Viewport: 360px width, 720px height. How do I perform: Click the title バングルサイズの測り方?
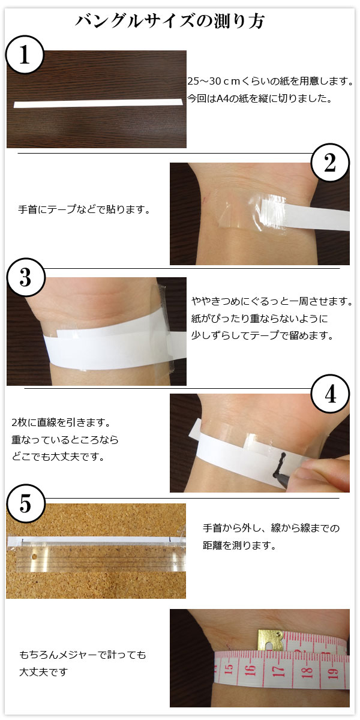click(170, 21)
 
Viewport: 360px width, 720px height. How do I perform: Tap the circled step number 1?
click(25, 55)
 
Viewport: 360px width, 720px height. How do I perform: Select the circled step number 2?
click(330, 163)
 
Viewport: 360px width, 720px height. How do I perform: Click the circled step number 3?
click(26, 277)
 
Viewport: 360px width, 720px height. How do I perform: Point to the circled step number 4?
click(330, 394)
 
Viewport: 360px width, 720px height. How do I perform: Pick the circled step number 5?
click(26, 504)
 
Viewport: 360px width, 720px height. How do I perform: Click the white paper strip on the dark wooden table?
click(98, 103)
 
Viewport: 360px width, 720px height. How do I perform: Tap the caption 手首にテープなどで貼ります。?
click(84, 209)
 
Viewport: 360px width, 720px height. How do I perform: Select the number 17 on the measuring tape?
click(279, 671)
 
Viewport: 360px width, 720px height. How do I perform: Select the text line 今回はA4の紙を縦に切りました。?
click(260, 98)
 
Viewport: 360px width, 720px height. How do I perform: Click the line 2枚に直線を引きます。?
click(61, 422)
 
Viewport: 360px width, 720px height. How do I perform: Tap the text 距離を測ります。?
click(239, 545)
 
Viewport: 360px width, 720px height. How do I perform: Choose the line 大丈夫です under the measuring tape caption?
click(43, 672)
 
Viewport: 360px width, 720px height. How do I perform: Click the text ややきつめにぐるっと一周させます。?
click(272, 301)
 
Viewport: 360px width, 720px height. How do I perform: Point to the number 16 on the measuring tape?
click(250, 670)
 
